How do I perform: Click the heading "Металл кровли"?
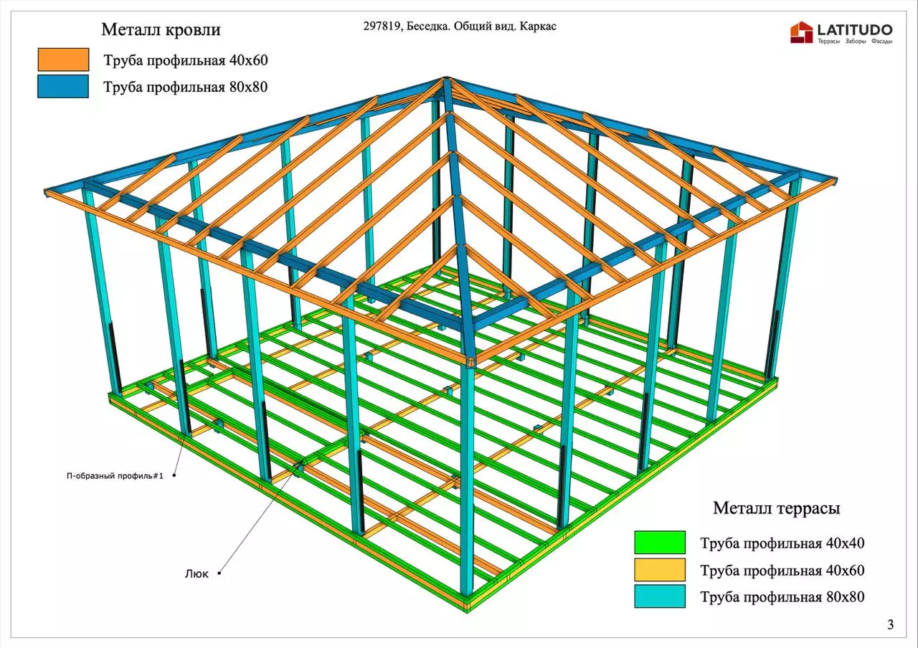point(161,30)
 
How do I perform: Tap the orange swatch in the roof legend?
point(64,59)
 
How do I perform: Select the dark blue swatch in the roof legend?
point(64,87)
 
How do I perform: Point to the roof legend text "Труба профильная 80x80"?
point(186,87)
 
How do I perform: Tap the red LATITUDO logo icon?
point(801,32)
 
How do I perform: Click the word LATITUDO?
point(854,29)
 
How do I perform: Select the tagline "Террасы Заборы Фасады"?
point(854,42)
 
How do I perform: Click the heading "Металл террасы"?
point(776,508)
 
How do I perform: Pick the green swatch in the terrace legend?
point(659,543)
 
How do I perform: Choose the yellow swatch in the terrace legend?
point(659,570)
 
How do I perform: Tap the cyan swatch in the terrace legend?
point(659,596)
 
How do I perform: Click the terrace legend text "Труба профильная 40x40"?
point(782,543)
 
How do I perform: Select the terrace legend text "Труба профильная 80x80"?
point(782,596)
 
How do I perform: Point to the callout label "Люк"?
point(197,573)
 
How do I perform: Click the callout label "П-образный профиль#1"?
point(115,476)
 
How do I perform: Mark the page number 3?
point(891,624)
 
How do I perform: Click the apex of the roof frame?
point(445,80)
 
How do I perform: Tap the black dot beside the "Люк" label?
point(219,573)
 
